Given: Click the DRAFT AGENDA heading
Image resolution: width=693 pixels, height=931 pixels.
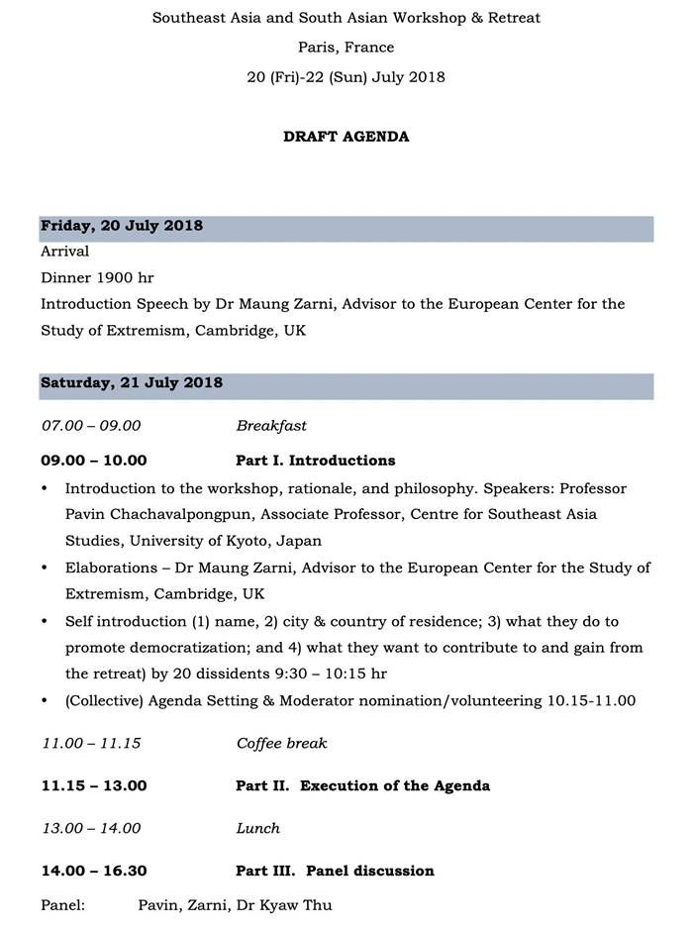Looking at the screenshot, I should tap(346, 137).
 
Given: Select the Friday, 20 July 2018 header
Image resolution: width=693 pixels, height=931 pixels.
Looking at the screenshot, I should tap(122, 226).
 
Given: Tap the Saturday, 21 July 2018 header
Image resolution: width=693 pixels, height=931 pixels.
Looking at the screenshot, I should tap(132, 382).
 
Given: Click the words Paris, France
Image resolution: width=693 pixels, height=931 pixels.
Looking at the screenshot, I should tap(346, 48).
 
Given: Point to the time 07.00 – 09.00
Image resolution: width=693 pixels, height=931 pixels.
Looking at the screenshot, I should tap(91, 426).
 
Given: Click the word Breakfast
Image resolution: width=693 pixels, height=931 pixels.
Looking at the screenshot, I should tap(271, 426).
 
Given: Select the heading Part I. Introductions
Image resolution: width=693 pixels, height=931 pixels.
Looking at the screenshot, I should tap(315, 461).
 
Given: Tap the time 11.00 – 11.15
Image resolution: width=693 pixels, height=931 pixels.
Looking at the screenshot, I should tap(91, 743).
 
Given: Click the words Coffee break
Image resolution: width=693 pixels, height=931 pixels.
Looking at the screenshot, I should tap(281, 743).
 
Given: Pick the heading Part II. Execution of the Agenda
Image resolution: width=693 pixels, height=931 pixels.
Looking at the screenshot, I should tap(362, 785).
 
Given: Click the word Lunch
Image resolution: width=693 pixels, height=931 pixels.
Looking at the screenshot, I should tap(257, 828).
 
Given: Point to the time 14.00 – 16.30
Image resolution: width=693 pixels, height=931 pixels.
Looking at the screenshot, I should tap(94, 871).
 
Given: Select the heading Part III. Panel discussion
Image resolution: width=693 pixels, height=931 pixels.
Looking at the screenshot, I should tap(335, 871).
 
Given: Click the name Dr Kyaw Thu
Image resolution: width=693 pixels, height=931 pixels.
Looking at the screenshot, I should tap(294, 905).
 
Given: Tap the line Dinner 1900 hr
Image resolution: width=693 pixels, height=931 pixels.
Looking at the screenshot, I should tap(97, 277).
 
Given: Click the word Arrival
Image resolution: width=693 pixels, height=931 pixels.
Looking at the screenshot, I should tap(65, 252).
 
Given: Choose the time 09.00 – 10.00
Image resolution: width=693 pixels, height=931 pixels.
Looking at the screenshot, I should tap(94, 461).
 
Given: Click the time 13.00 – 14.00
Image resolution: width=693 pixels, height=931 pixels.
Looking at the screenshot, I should tap(91, 828).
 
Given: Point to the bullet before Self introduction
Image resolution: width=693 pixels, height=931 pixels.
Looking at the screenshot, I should tap(46, 622).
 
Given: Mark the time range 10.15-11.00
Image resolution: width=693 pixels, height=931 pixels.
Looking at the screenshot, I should tap(591, 700).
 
